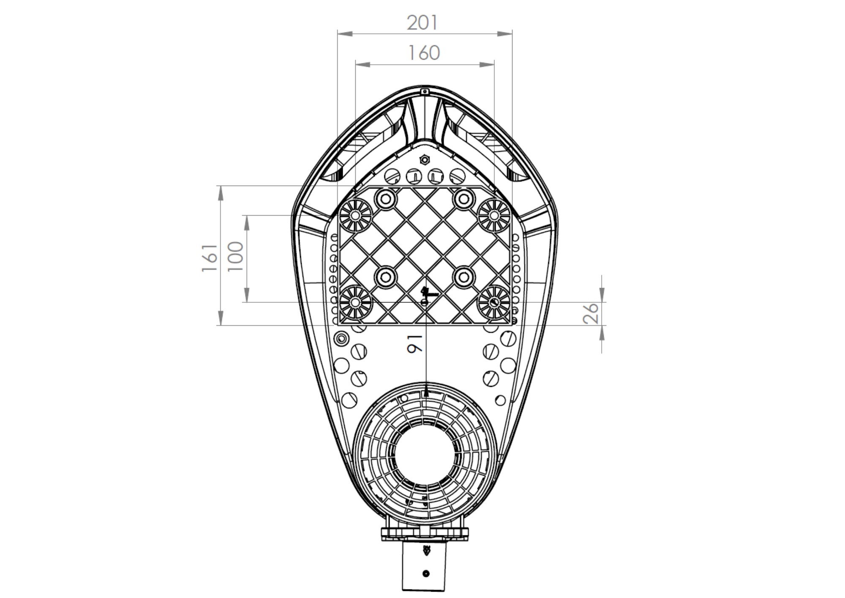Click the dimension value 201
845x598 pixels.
(x=422, y=23)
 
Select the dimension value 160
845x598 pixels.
(x=424, y=53)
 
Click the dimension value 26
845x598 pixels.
(x=591, y=313)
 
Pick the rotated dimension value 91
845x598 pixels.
(x=414, y=343)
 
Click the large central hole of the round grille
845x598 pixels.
(x=425, y=455)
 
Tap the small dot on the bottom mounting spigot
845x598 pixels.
(x=425, y=573)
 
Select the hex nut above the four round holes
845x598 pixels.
(x=425, y=160)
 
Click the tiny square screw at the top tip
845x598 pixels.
(x=425, y=91)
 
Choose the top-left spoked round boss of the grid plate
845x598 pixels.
(x=355, y=215)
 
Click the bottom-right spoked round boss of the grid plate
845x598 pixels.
(x=493, y=302)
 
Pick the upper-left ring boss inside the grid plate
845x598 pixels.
(x=385, y=198)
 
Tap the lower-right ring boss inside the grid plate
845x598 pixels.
(x=464, y=277)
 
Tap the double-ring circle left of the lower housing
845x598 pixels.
(x=341, y=338)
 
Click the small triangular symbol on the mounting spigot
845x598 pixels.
(x=426, y=551)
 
